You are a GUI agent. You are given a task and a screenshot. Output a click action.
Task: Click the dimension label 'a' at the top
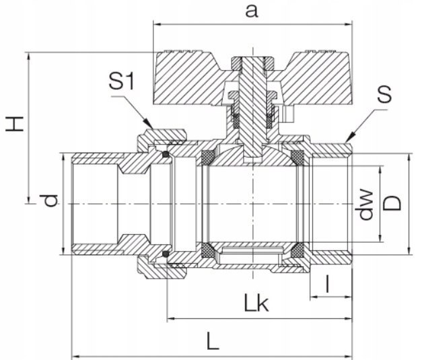pos(252,12)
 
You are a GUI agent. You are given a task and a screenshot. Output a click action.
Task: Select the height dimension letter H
pos(15,123)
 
